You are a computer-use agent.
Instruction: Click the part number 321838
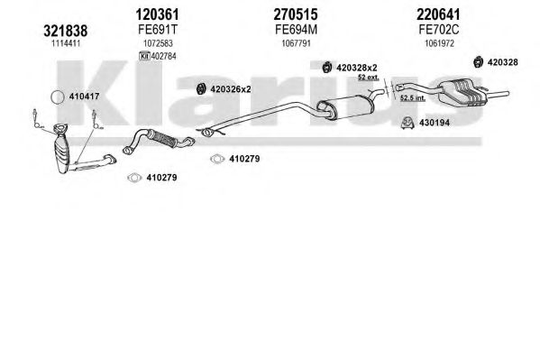coord(66,31)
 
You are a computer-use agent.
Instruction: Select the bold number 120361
coord(158,14)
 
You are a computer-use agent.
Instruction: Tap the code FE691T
coord(158,30)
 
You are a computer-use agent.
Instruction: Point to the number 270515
coord(296,14)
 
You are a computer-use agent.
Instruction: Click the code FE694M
coord(297,30)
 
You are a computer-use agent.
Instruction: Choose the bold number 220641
coord(438,14)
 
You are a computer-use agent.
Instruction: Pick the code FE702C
coord(439,30)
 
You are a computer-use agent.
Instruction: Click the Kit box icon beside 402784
coord(144,56)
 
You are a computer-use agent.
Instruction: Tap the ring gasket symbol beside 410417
coord(58,97)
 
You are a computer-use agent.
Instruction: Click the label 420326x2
coord(231,89)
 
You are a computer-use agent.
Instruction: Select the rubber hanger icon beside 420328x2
coord(327,68)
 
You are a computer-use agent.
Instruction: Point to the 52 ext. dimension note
coord(368,78)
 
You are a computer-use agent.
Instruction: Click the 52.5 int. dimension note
coord(413,98)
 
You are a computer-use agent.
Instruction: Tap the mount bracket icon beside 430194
coord(407,123)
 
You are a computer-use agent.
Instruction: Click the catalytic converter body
coord(61,152)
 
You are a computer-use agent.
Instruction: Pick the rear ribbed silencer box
coord(462,91)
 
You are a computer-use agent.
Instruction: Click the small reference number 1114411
coord(66,43)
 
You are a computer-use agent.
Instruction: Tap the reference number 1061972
coord(439,43)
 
